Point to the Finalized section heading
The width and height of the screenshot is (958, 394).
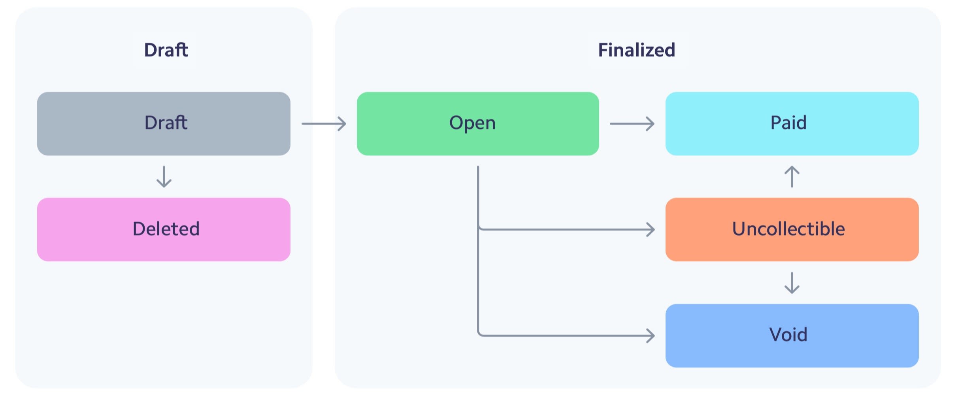click(x=636, y=50)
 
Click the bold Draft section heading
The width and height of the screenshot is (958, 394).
click(x=166, y=50)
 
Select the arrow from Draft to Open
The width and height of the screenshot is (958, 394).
click(x=324, y=124)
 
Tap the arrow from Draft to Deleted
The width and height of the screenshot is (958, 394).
click(x=164, y=177)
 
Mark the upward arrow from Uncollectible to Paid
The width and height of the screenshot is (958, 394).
click(x=792, y=176)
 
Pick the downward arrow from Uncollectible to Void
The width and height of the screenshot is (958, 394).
click(x=792, y=283)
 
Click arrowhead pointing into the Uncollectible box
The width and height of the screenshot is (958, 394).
click(x=651, y=229)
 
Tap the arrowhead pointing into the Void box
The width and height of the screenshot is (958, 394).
click(x=651, y=336)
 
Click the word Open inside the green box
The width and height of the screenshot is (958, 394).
click(x=472, y=123)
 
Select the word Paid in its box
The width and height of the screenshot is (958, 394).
click(x=788, y=123)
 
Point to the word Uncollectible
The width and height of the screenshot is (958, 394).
click(x=788, y=229)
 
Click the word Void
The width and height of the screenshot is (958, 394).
click(x=788, y=335)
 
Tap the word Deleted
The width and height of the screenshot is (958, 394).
click(x=166, y=229)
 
